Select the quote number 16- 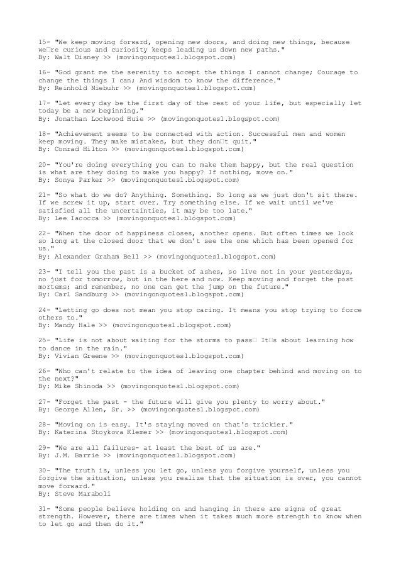(x=45, y=72)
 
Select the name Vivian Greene (x=77, y=356)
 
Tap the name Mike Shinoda (x=75, y=386)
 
